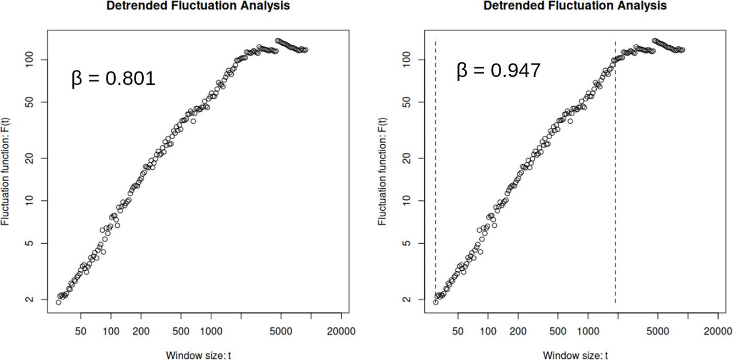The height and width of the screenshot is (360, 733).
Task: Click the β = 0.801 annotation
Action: click(x=113, y=78)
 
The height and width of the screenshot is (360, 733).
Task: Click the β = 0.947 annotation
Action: click(x=498, y=71)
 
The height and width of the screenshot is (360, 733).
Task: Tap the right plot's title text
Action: click(x=575, y=6)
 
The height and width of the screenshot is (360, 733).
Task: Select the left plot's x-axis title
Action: click(x=198, y=355)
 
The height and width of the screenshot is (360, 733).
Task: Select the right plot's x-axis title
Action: click(x=575, y=355)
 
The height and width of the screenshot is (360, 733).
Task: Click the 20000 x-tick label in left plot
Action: click(x=342, y=331)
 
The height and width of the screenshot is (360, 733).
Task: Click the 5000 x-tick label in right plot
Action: click(x=657, y=331)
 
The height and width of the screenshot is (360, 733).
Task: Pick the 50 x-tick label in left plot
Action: click(x=81, y=331)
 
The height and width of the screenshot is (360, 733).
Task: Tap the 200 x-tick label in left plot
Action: click(x=141, y=331)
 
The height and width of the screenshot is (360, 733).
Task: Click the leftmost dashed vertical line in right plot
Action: click(x=436, y=172)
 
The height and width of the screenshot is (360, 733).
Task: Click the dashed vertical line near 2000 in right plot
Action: click(x=616, y=172)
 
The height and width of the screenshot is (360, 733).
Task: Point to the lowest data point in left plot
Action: click(x=58, y=302)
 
